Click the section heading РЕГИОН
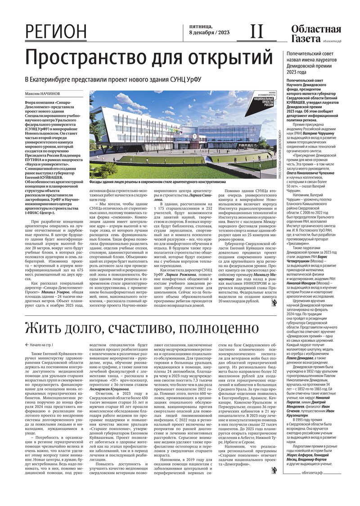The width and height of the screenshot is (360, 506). pos(56,32)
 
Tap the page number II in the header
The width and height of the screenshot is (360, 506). pos(256,31)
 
